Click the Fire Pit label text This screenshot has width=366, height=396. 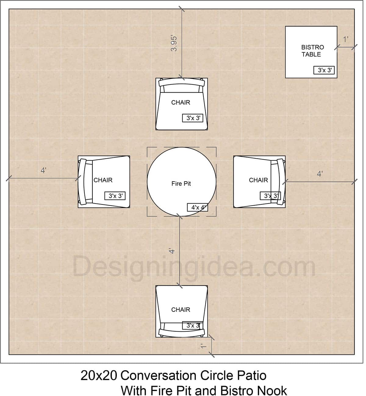point(181,184)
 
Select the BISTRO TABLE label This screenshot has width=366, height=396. point(312,51)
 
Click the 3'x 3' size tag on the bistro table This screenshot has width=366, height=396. point(324,70)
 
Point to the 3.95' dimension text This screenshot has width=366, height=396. point(174,43)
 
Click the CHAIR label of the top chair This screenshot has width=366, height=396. point(181,103)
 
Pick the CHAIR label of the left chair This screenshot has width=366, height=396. point(103,180)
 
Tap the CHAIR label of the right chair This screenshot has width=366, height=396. point(258,180)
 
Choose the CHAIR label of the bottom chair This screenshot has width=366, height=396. point(181,310)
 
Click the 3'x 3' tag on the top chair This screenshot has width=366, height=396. point(193,118)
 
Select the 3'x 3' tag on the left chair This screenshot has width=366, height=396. point(115,196)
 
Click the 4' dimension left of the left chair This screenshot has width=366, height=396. point(43,171)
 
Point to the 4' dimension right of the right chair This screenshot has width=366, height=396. point(320,174)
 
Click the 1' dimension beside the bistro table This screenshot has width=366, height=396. point(346,39)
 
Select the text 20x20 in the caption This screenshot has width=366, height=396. point(99,376)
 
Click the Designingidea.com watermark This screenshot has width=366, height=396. point(194,267)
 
